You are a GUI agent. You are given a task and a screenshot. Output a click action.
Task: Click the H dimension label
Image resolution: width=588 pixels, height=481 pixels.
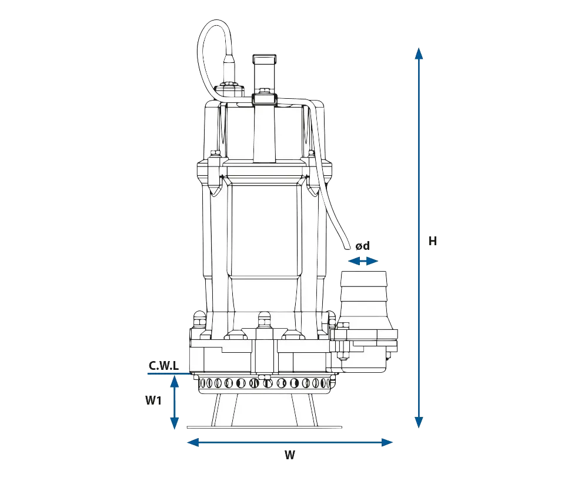pos(433,240)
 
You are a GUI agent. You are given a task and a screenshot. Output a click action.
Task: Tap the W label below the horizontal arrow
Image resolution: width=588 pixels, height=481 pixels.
pos(290,455)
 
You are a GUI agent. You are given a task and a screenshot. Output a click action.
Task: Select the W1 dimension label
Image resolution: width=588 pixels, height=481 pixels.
pos(153,400)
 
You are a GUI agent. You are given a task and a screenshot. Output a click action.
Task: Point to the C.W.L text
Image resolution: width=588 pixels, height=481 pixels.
pos(164,365)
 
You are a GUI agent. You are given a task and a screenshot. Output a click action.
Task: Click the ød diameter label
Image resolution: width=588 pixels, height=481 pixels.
pos(363,246)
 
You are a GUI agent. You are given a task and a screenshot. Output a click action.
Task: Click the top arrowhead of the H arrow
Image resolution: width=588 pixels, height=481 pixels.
pos(419,54)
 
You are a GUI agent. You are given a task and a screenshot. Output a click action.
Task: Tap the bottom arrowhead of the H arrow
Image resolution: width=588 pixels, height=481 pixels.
pos(419,423)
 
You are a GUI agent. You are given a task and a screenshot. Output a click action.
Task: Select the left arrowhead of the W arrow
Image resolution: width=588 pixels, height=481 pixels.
pos(193,442)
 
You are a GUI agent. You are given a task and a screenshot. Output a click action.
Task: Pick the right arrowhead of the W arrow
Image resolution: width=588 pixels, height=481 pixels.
pos(387,442)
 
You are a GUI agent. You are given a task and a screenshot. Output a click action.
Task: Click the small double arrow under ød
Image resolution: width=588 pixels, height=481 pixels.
pos(363,261)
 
